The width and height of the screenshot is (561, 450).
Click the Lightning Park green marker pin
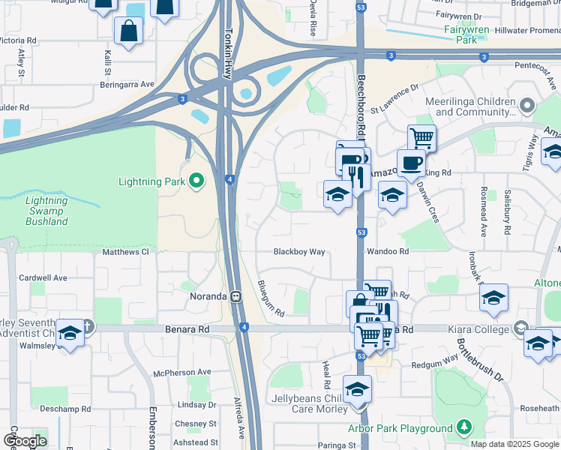[196, 181]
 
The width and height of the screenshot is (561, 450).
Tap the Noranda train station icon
[235, 296]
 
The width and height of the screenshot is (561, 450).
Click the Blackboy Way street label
[299, 252]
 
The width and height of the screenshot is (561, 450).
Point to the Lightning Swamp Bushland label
[46, 211]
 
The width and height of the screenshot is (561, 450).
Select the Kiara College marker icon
[520, 328]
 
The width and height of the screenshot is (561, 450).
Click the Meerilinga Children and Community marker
[527, 106]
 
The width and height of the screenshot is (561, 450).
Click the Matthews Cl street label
[126, 252]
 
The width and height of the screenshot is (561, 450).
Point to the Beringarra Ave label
[127, 85]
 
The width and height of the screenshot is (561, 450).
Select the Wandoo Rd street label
[387, 252]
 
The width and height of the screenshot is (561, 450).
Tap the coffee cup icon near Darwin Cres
[410, 162]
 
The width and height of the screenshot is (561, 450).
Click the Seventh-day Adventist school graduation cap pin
[70, 333]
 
